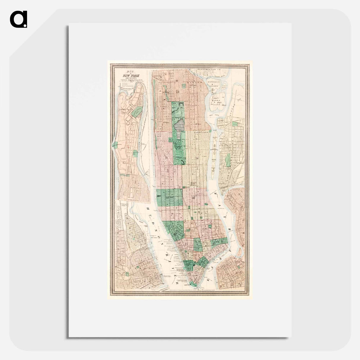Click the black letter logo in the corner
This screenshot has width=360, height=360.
point(18,19)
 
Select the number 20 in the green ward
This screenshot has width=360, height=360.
point(168,198)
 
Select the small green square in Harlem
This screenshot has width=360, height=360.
point(184,86)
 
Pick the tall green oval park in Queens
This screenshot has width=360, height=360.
point(227,160)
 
